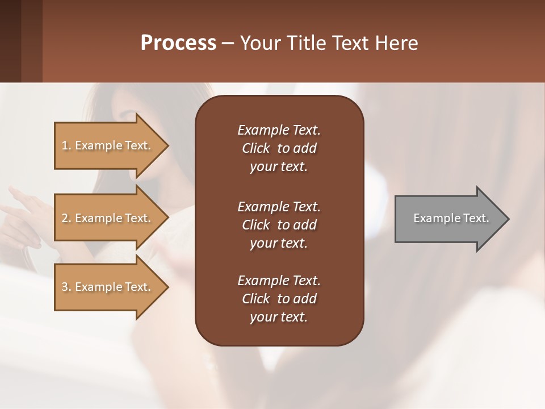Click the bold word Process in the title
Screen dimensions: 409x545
(178, 43)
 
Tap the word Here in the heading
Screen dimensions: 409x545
(396, 43)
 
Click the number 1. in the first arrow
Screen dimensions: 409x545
(66, 145)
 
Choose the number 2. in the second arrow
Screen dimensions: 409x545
(66, 218)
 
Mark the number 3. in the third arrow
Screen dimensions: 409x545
(66, 287)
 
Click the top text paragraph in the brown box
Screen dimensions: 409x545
(279, 148)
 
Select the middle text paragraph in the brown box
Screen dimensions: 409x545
(279, 224)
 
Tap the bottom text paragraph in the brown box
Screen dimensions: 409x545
(279, 299)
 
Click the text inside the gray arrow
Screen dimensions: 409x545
(451, 218)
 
